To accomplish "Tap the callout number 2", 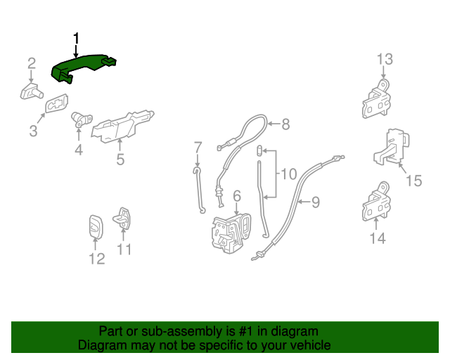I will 32,64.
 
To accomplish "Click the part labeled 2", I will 31,90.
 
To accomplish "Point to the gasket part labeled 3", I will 57,105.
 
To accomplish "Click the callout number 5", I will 120,160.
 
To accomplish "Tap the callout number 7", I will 198,147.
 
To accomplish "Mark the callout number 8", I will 285,124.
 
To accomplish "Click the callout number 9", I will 315,202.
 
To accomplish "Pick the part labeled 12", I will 96,227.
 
